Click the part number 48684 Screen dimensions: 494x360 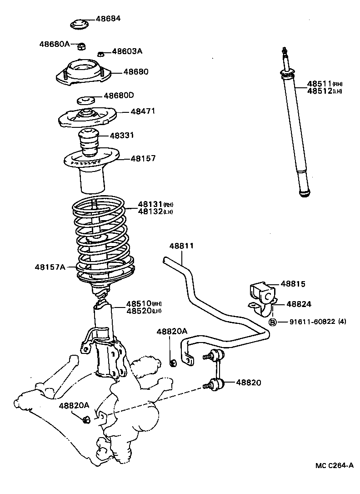(x=108, y=19)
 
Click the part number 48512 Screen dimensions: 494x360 (x=320, y=91)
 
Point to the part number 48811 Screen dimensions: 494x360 (x=182, y=246)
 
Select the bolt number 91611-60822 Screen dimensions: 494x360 (x=312, y=322)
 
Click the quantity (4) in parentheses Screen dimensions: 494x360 (x=342, y=322)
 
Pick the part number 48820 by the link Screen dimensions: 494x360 (x=249, y=383)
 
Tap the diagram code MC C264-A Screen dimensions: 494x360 (x=335, y=465)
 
